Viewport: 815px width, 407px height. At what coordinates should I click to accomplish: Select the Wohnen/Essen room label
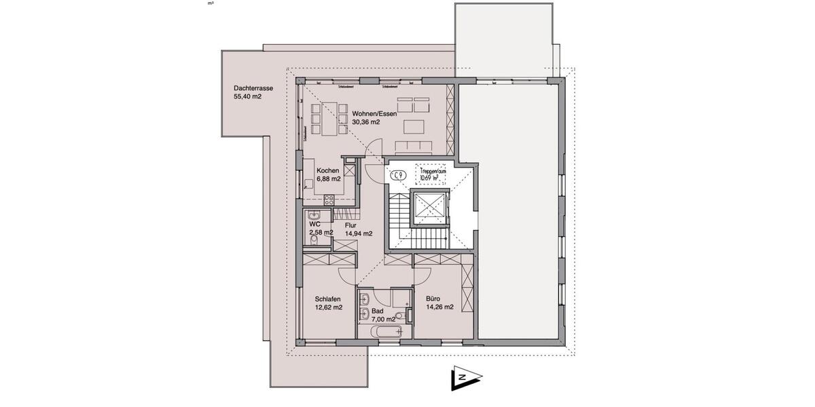(x=374, y=113)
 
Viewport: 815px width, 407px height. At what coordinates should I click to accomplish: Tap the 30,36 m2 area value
(x=365, y=123)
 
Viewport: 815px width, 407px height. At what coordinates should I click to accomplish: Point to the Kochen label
(x=327, y=170)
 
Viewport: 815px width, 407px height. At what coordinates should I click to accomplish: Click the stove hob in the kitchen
(x=329, y=199)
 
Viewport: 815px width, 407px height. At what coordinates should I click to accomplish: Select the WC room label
(x=314, y=223)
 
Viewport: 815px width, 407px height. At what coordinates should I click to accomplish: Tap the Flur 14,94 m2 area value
(x=359, y=233)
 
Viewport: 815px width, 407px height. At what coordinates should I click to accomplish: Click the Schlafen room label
(x=327, y=298)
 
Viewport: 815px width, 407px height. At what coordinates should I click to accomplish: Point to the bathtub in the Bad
(x=386, y=331)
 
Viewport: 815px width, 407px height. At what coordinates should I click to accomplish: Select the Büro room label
(x=433, y=298)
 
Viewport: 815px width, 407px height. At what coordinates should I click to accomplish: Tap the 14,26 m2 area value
(x=439, y=307)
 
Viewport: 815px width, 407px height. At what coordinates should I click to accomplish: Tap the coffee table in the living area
(x=414, y=127)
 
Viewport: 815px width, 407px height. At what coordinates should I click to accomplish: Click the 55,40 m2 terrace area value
(x=247, y=97)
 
